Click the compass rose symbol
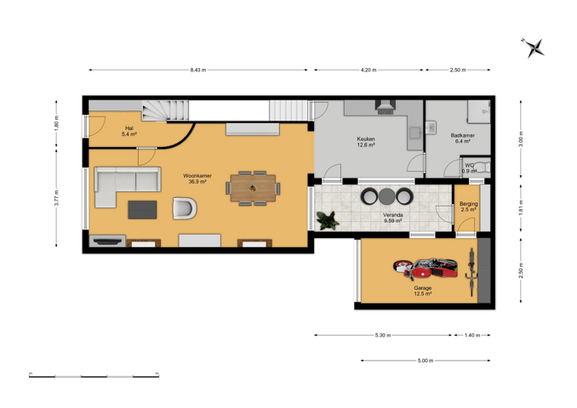[534, 48]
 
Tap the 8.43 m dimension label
[198, 70]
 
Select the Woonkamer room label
[197, 176]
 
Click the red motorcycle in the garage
[426, 268]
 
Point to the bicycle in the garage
[471, 272]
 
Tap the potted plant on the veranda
[328, 220]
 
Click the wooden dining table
[253, 188]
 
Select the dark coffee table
[142, 209]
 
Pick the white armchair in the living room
[185, 208]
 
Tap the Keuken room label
[366, 139]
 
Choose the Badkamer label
[463, 135]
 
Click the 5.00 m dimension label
[426, 360]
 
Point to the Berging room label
[468, 204]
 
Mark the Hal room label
[129, 128]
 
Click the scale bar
[94, 376]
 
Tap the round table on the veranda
[386, 196]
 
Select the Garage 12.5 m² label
[422, 291]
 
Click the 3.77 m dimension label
[56, 197]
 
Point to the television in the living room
[107, 241]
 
